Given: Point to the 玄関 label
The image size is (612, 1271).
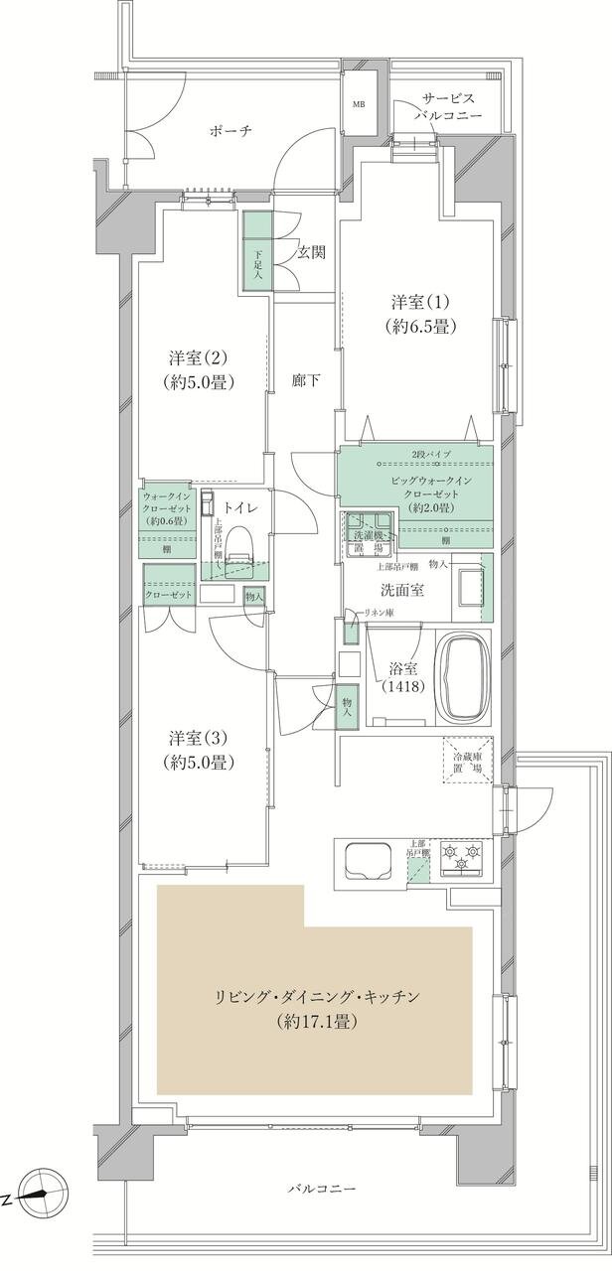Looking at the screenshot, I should tap(312, 252).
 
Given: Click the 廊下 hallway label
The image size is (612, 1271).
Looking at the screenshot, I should tap(305, 379).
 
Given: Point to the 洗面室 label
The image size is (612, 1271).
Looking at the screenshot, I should tap(406, 588).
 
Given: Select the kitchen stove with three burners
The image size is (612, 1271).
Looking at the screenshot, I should tap(461, 858).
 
